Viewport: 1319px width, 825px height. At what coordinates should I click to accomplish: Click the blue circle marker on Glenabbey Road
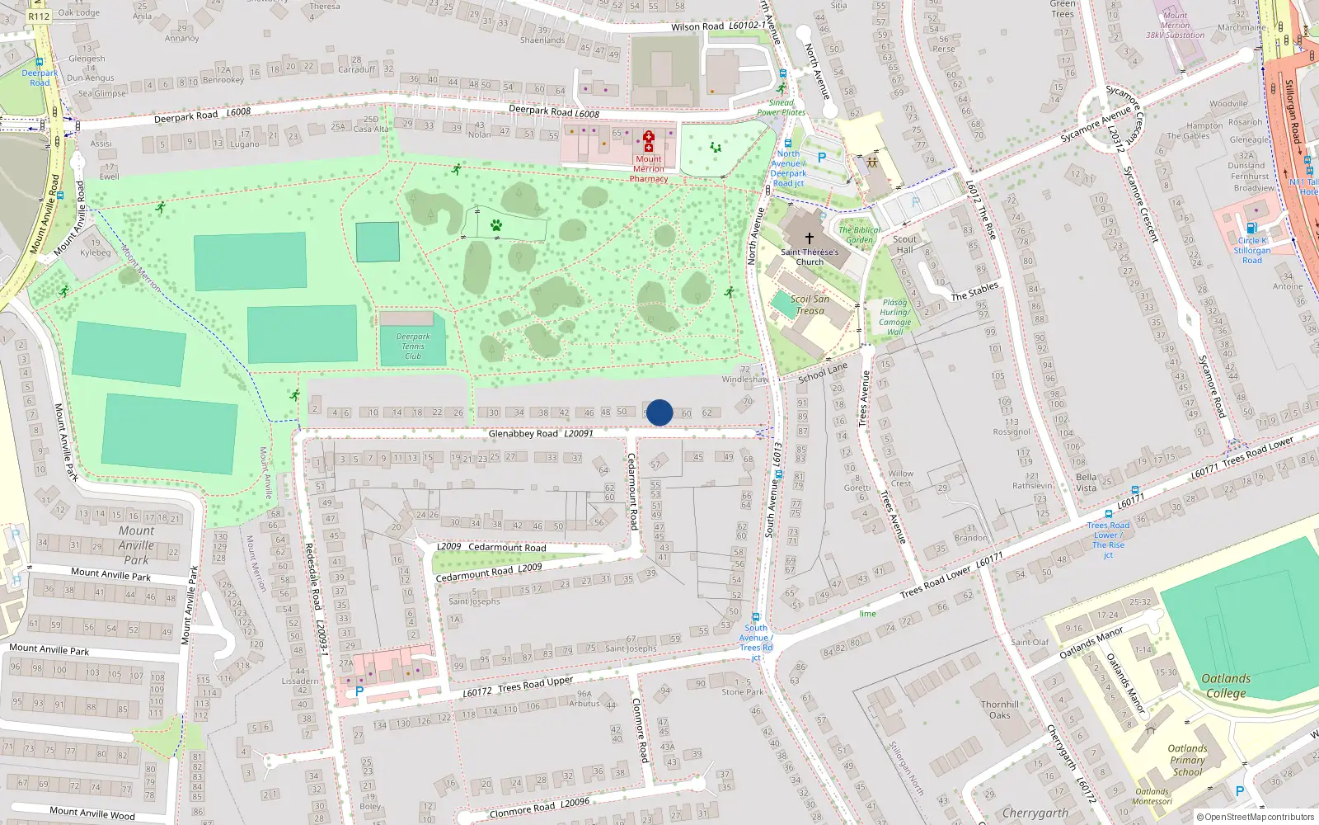point(659,412)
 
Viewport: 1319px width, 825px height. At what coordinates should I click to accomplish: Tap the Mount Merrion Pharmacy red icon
point(648,137)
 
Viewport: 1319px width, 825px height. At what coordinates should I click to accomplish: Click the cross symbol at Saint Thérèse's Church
point(810,238)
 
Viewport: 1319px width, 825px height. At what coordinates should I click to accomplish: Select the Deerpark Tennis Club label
point(413,346)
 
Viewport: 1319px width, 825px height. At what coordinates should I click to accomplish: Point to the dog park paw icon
point(496,224)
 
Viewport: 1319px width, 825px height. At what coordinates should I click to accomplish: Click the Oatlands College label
point(1226,686)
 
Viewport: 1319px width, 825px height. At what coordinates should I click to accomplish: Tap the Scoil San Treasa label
point(810,304)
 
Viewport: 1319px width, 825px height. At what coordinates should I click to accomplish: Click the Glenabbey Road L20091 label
point(540,433)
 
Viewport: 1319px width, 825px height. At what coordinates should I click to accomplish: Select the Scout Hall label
point(904,244)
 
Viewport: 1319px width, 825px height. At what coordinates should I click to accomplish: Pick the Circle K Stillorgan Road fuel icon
point(1251,229)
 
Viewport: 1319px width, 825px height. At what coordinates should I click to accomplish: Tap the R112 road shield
point(38,16)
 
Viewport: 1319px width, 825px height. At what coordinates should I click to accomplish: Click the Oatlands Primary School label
point(1187,760)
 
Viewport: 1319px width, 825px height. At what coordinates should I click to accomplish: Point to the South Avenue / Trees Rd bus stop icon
point(756,616)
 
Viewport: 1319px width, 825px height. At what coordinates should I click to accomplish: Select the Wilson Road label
point(697,26)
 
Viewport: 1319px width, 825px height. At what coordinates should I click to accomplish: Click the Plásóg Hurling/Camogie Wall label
point(894,317)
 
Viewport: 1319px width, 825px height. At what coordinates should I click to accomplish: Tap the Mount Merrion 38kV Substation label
point(1175,26)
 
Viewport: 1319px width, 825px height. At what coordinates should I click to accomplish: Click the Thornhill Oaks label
point(999,709)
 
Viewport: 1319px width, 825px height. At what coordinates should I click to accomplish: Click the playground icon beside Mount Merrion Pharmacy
point(715,148)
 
